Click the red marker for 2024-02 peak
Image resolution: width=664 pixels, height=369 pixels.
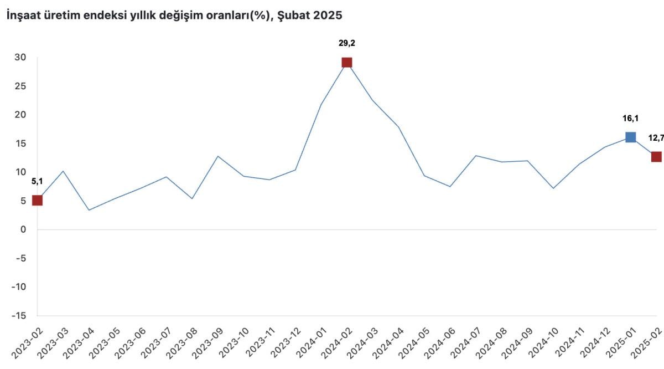[x=347, y=62]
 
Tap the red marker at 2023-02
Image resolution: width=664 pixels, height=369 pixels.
[x=37, y=200]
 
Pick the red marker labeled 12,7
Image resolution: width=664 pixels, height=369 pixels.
[x=656, y=157]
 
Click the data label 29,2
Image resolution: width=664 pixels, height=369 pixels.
[x=347, y=43]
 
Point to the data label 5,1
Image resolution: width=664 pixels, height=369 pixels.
[x=37, y=181]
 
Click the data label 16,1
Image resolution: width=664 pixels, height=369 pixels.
[x=630, y=118]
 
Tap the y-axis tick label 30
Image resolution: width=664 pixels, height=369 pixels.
[x=20, y=57]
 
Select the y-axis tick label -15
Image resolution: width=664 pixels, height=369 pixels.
[x=19, y=316]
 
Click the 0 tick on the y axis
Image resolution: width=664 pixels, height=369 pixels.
[x=23, y=229]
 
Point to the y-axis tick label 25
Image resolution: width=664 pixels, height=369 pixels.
[x=20, y=86]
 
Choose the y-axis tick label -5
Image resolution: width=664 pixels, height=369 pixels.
[x=20, y=258]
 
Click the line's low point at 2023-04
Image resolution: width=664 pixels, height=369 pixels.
[x=89, y=210]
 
